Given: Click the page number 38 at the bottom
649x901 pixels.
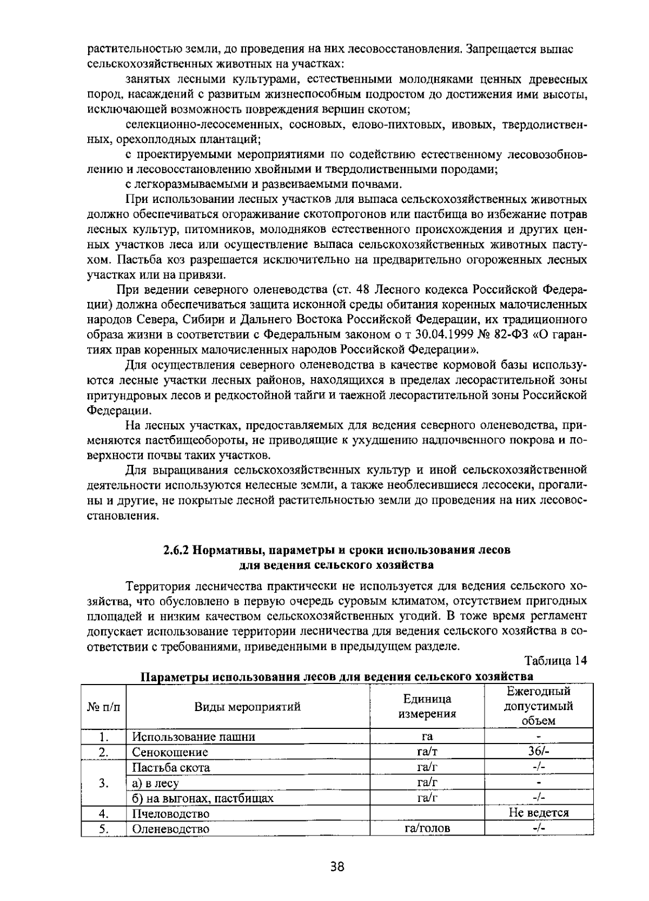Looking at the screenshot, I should point(337,867).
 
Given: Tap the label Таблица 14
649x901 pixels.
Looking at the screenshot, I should point(555,661).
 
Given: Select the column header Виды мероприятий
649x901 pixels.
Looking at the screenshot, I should point(248,706).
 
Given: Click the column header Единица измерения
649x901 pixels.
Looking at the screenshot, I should point(427,706).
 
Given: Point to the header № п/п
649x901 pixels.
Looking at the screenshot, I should point(104,706).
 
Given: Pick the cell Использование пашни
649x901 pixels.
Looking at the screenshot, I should point(194,736).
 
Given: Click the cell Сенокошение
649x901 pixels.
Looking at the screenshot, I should point(170,752).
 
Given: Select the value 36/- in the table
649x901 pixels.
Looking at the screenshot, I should point(539,752).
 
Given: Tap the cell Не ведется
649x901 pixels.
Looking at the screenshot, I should point(539,813).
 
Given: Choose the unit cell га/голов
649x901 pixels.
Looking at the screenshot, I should point(427,828).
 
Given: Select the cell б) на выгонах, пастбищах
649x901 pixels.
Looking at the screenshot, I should point(203,798).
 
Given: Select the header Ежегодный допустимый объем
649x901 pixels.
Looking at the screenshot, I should point(539,706).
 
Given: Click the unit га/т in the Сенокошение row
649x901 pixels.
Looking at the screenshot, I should point(427,752).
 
